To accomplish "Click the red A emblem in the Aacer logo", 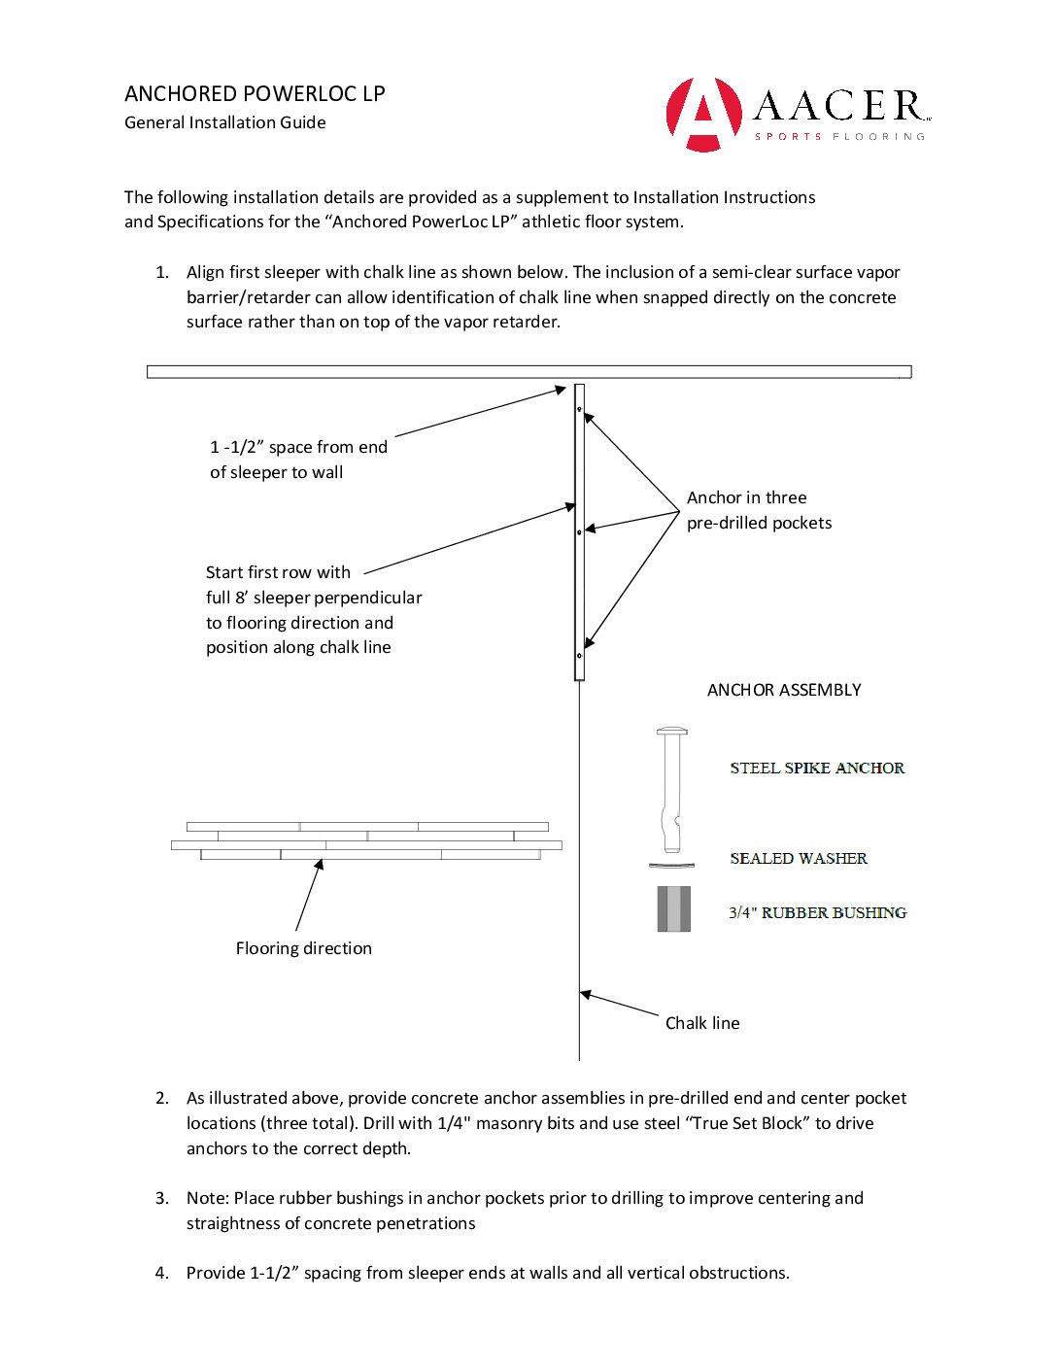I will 703,115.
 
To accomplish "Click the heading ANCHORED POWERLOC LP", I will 255,94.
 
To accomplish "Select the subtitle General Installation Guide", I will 225,122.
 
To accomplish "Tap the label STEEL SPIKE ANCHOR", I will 817,768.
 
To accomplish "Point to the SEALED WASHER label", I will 799,859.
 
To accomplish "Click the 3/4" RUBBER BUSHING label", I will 817,913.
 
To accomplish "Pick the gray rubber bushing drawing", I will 673,909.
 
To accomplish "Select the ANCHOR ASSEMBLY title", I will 784,690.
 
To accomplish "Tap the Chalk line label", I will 702,1023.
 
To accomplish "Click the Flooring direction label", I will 303,948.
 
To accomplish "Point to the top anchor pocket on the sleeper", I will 580,409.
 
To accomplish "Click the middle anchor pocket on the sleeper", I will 580,532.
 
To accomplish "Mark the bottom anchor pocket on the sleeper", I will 580,656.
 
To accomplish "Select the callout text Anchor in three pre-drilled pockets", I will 759,510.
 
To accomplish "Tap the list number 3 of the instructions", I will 162,1198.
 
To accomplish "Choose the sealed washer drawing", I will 671,865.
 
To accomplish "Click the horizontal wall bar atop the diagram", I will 528,371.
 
